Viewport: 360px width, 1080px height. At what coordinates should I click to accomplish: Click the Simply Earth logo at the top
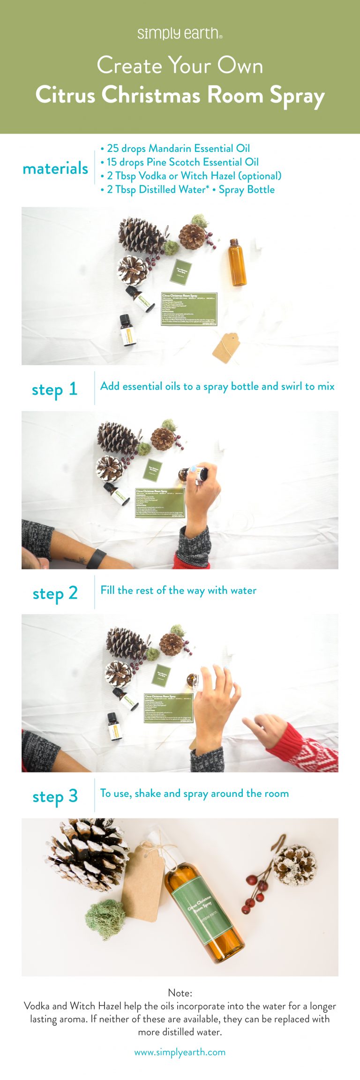coord(180,34)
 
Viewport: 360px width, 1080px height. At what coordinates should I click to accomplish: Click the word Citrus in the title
coord(65,95)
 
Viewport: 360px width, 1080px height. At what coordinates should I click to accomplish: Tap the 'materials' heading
coord(55,168)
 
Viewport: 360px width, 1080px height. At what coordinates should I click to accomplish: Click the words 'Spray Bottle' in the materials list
coord(247,190)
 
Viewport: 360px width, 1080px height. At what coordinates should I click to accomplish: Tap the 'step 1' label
coord(54,389)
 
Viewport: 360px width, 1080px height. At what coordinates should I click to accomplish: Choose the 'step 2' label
coord(55,593)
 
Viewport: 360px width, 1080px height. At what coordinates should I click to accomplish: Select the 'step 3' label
coord(55,796)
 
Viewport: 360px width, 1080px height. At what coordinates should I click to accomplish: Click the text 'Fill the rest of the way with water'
coord(178,590)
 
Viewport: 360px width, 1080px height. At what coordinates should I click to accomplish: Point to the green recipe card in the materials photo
coord(189,309)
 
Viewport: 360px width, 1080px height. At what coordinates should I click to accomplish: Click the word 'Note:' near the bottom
coord(180,993)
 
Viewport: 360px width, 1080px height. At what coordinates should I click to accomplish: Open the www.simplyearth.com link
coord(180,1052)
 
